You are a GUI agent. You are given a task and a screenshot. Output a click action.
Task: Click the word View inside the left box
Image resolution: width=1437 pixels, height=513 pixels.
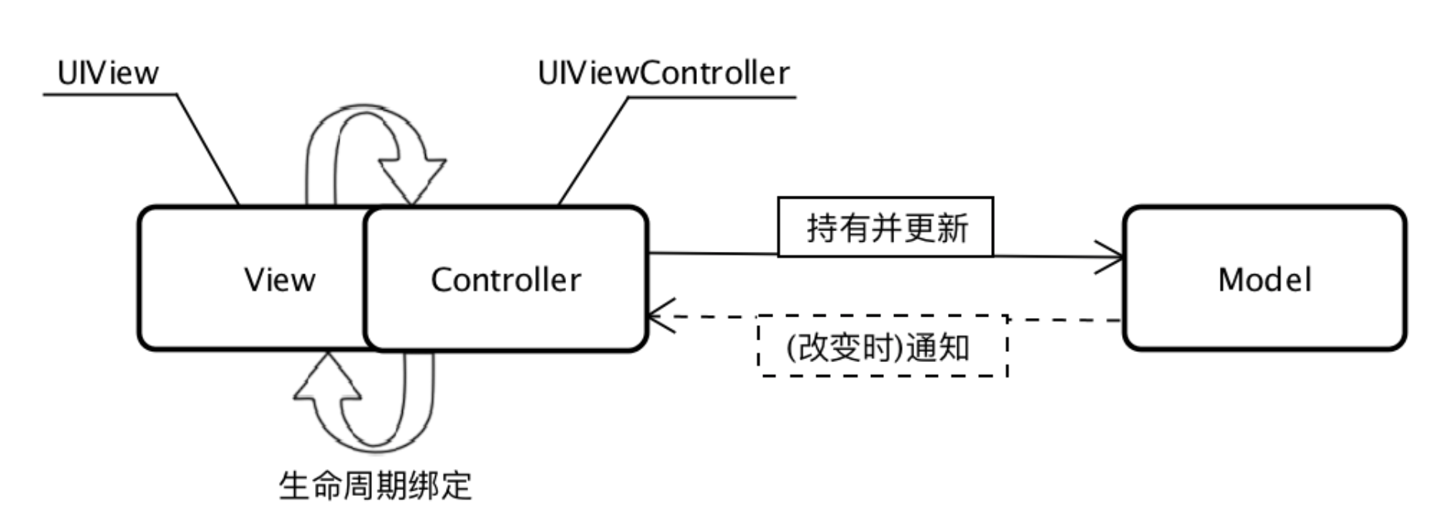coord(280,280)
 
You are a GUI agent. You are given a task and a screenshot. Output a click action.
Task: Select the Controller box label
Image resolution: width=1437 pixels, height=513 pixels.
coord(506,280)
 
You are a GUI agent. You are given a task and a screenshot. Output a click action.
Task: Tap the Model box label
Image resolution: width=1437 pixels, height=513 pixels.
coord(1264,280)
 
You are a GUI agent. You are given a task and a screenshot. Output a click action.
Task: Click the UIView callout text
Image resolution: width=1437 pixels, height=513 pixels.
coord(108,74)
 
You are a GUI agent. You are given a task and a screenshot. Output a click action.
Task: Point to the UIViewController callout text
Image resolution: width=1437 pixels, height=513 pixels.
coord(663,74)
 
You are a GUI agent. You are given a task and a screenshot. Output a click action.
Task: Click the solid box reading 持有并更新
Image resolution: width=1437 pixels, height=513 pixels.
coord(886,228)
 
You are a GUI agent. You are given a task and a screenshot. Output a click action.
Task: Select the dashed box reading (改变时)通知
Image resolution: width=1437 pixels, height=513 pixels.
coord(883,347)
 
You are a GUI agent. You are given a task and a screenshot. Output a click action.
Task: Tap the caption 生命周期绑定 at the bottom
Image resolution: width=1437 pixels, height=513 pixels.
coord(374,486)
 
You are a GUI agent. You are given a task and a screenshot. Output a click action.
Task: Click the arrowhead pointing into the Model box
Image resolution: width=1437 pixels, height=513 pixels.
coord(1113,256)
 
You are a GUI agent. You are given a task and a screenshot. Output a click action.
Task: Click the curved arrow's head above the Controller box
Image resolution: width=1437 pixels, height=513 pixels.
coord(413,181)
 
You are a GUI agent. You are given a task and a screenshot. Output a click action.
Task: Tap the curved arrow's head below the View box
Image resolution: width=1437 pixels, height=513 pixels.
coord(327,377)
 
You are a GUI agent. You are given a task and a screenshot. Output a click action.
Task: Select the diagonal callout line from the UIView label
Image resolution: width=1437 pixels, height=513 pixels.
coord(208,150)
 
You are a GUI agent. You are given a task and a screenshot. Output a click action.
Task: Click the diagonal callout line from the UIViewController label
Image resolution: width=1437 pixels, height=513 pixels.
coord(593,151)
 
